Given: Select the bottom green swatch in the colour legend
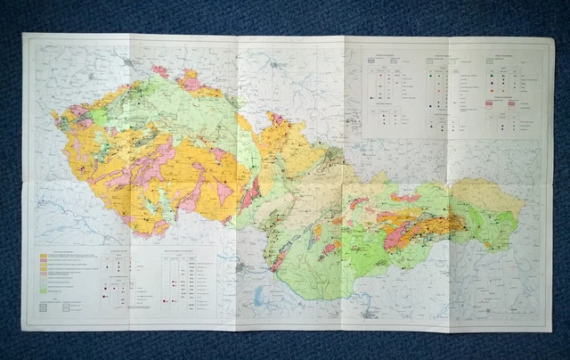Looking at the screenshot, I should click(x=45, y=290).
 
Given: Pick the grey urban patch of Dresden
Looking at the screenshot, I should click(x=131, y=63).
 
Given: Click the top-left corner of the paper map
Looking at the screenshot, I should click(x=23, y=34).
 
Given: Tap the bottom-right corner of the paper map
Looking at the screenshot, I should click(x=552, y=331).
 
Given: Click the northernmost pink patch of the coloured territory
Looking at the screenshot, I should click(x=159, y=70).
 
